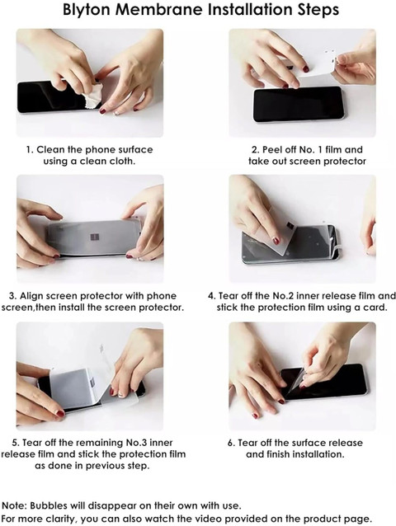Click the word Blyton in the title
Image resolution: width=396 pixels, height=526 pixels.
point(87,10)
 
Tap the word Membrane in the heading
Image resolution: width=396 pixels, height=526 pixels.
point(159,9)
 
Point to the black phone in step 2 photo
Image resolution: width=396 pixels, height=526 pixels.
point(298,105)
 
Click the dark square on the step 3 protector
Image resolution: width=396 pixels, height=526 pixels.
point(96,237)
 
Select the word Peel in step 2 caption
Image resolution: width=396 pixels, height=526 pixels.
point(272,149)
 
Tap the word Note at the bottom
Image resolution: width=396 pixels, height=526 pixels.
point(14,505)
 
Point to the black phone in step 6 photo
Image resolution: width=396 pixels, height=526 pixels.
point(324,382)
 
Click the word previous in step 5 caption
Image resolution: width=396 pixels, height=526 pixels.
point(107,466)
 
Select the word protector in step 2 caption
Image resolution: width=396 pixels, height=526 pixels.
point(346,162)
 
